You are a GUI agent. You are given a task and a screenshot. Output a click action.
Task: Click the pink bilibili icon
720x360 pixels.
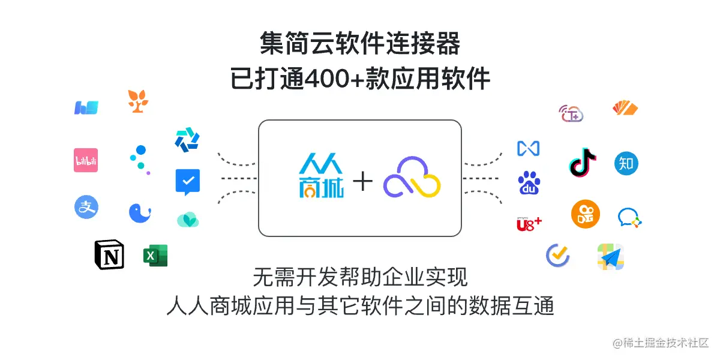point(86,160)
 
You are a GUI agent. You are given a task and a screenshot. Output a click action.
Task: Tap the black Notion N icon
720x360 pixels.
point(109,255)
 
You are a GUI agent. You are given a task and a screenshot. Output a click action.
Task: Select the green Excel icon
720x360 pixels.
point(155,256)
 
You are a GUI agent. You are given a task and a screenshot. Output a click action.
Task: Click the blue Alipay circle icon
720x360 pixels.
point(86,207)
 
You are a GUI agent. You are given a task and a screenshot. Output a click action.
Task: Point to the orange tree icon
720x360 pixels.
point(138,101)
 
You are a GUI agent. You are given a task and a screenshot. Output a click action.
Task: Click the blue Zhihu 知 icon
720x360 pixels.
point(626,163)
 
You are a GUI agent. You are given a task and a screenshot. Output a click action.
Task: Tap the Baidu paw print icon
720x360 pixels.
point(529,183)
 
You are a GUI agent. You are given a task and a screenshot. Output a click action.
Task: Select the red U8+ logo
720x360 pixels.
point(529,224)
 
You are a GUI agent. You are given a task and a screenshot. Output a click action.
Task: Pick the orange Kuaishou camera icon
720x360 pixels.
point(585,214)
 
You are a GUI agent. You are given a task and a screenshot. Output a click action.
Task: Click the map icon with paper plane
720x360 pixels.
point(611,257)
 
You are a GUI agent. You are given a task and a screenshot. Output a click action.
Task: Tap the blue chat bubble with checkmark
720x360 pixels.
point(187,182)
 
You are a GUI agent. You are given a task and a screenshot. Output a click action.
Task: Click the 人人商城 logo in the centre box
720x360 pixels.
point(320,178)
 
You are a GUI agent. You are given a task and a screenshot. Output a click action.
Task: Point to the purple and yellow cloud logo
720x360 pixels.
point(412,178)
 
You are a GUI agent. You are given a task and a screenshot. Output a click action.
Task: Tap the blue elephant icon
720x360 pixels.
point(140,213)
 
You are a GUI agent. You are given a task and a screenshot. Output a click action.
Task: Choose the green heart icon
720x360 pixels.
point(187,220)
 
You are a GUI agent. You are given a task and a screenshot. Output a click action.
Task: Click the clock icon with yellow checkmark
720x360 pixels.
point(557,255)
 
